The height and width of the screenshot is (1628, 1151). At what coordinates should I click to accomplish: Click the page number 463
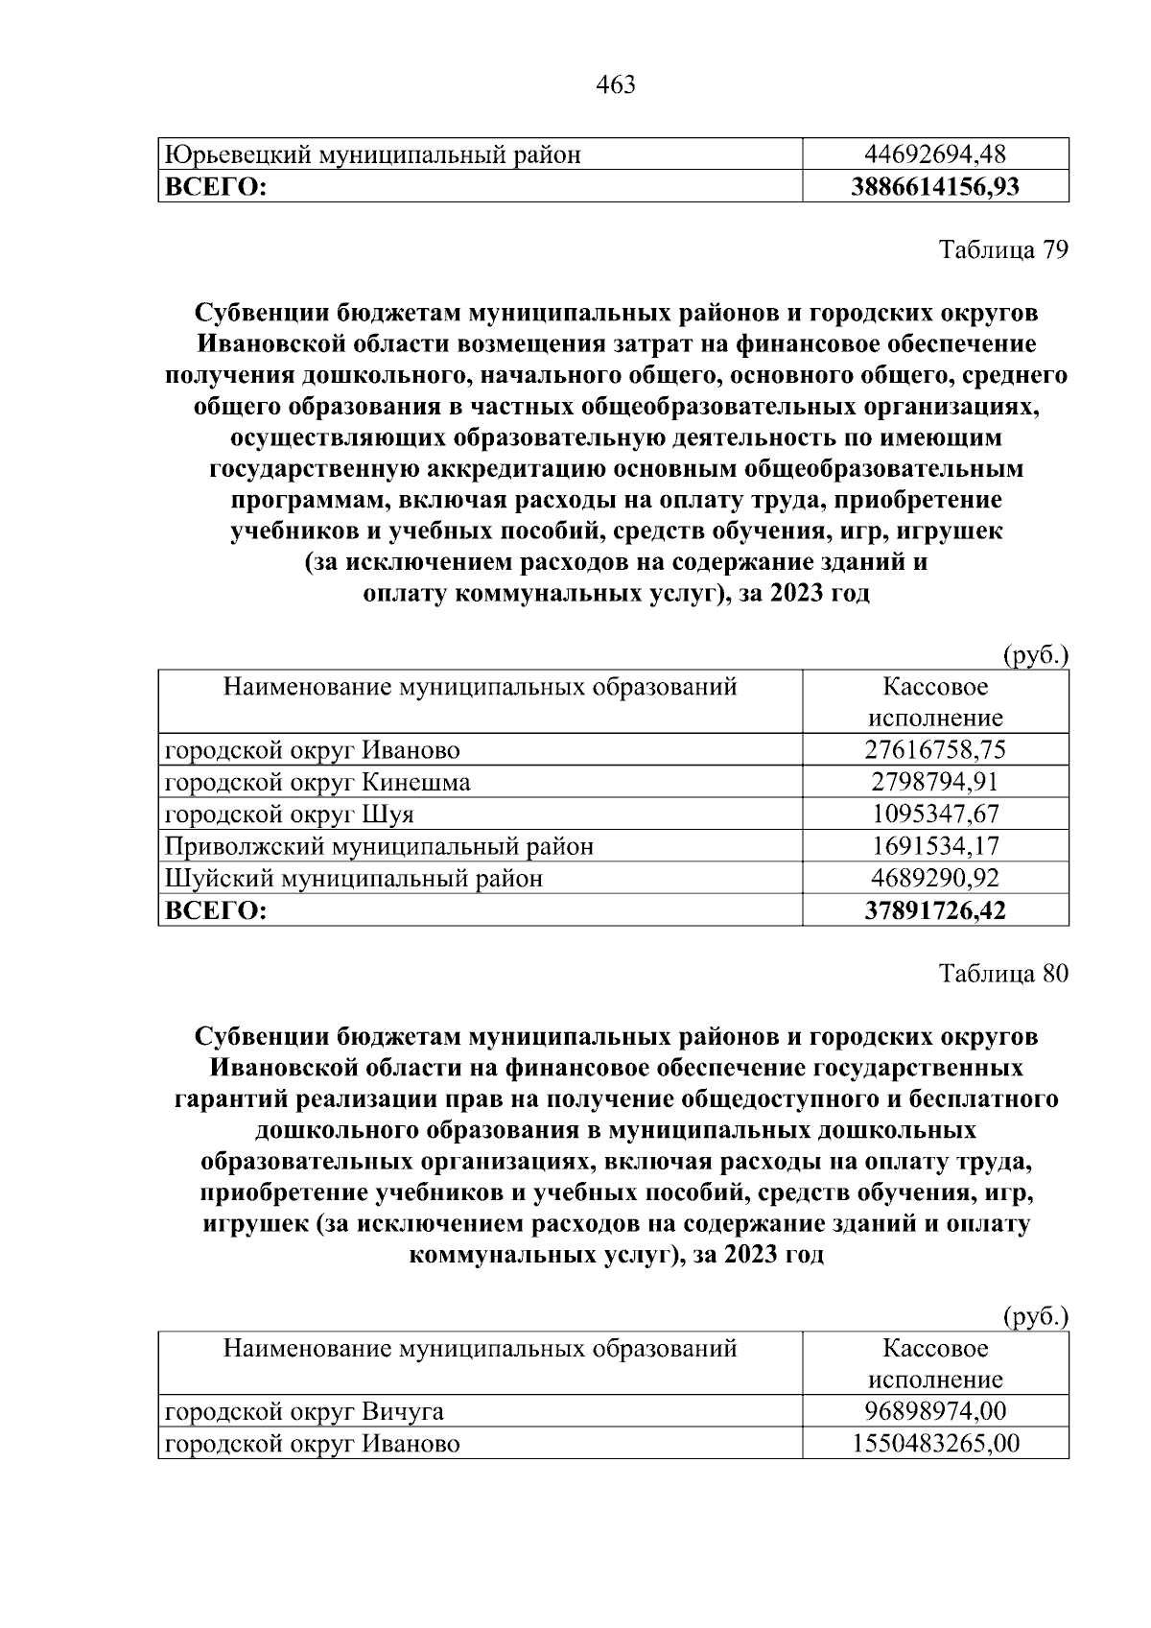[x=616, y=85]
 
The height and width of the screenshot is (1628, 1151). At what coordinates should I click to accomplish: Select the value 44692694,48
[x=935, y=153]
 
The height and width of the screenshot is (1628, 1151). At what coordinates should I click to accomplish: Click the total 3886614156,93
[x=935, y=186]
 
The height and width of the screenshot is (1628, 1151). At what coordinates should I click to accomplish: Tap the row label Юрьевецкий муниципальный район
[x=373, y=153]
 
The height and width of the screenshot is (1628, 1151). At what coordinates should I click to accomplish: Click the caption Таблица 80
[x=1002, y=974]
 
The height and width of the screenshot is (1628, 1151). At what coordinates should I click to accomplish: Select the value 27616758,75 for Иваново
[x=935, y=749]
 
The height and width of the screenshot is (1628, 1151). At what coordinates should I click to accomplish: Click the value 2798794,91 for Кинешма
[x=935, y=782]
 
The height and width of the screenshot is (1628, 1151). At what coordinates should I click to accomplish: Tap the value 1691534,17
[x=935, y=846]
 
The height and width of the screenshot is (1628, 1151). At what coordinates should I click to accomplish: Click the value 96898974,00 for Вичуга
[x=935, y=1411]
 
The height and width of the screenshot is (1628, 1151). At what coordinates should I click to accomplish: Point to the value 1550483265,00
[x=935, y=1444]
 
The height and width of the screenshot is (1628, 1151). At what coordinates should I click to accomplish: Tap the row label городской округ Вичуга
[x=304, y=1411]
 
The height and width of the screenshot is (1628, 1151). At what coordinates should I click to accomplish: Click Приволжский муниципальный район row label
[x=379, y=846]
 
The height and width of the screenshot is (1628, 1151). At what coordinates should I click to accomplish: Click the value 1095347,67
[x=935, y=814]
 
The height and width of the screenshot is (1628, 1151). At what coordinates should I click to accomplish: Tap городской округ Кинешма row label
[x=317, y=782]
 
